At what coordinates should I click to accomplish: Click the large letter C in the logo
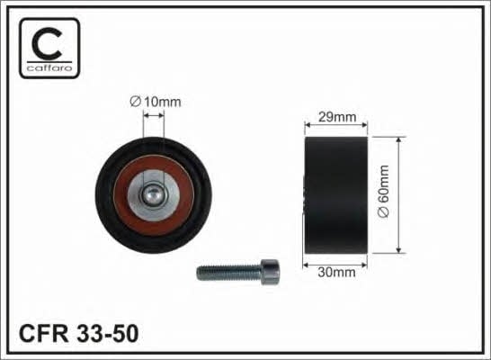[47, 43]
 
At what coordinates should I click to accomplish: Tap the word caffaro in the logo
[49, 68]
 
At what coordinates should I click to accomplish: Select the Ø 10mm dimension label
[156, 102]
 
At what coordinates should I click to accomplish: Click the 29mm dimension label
[337, 117]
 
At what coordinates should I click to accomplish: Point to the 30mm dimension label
[336, 273]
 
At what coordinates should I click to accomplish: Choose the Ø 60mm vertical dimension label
[383, 191]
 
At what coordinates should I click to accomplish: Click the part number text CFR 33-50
[78, 333]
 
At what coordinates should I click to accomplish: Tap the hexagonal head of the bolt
[270, 273]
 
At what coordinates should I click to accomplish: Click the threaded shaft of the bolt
[229, 273]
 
